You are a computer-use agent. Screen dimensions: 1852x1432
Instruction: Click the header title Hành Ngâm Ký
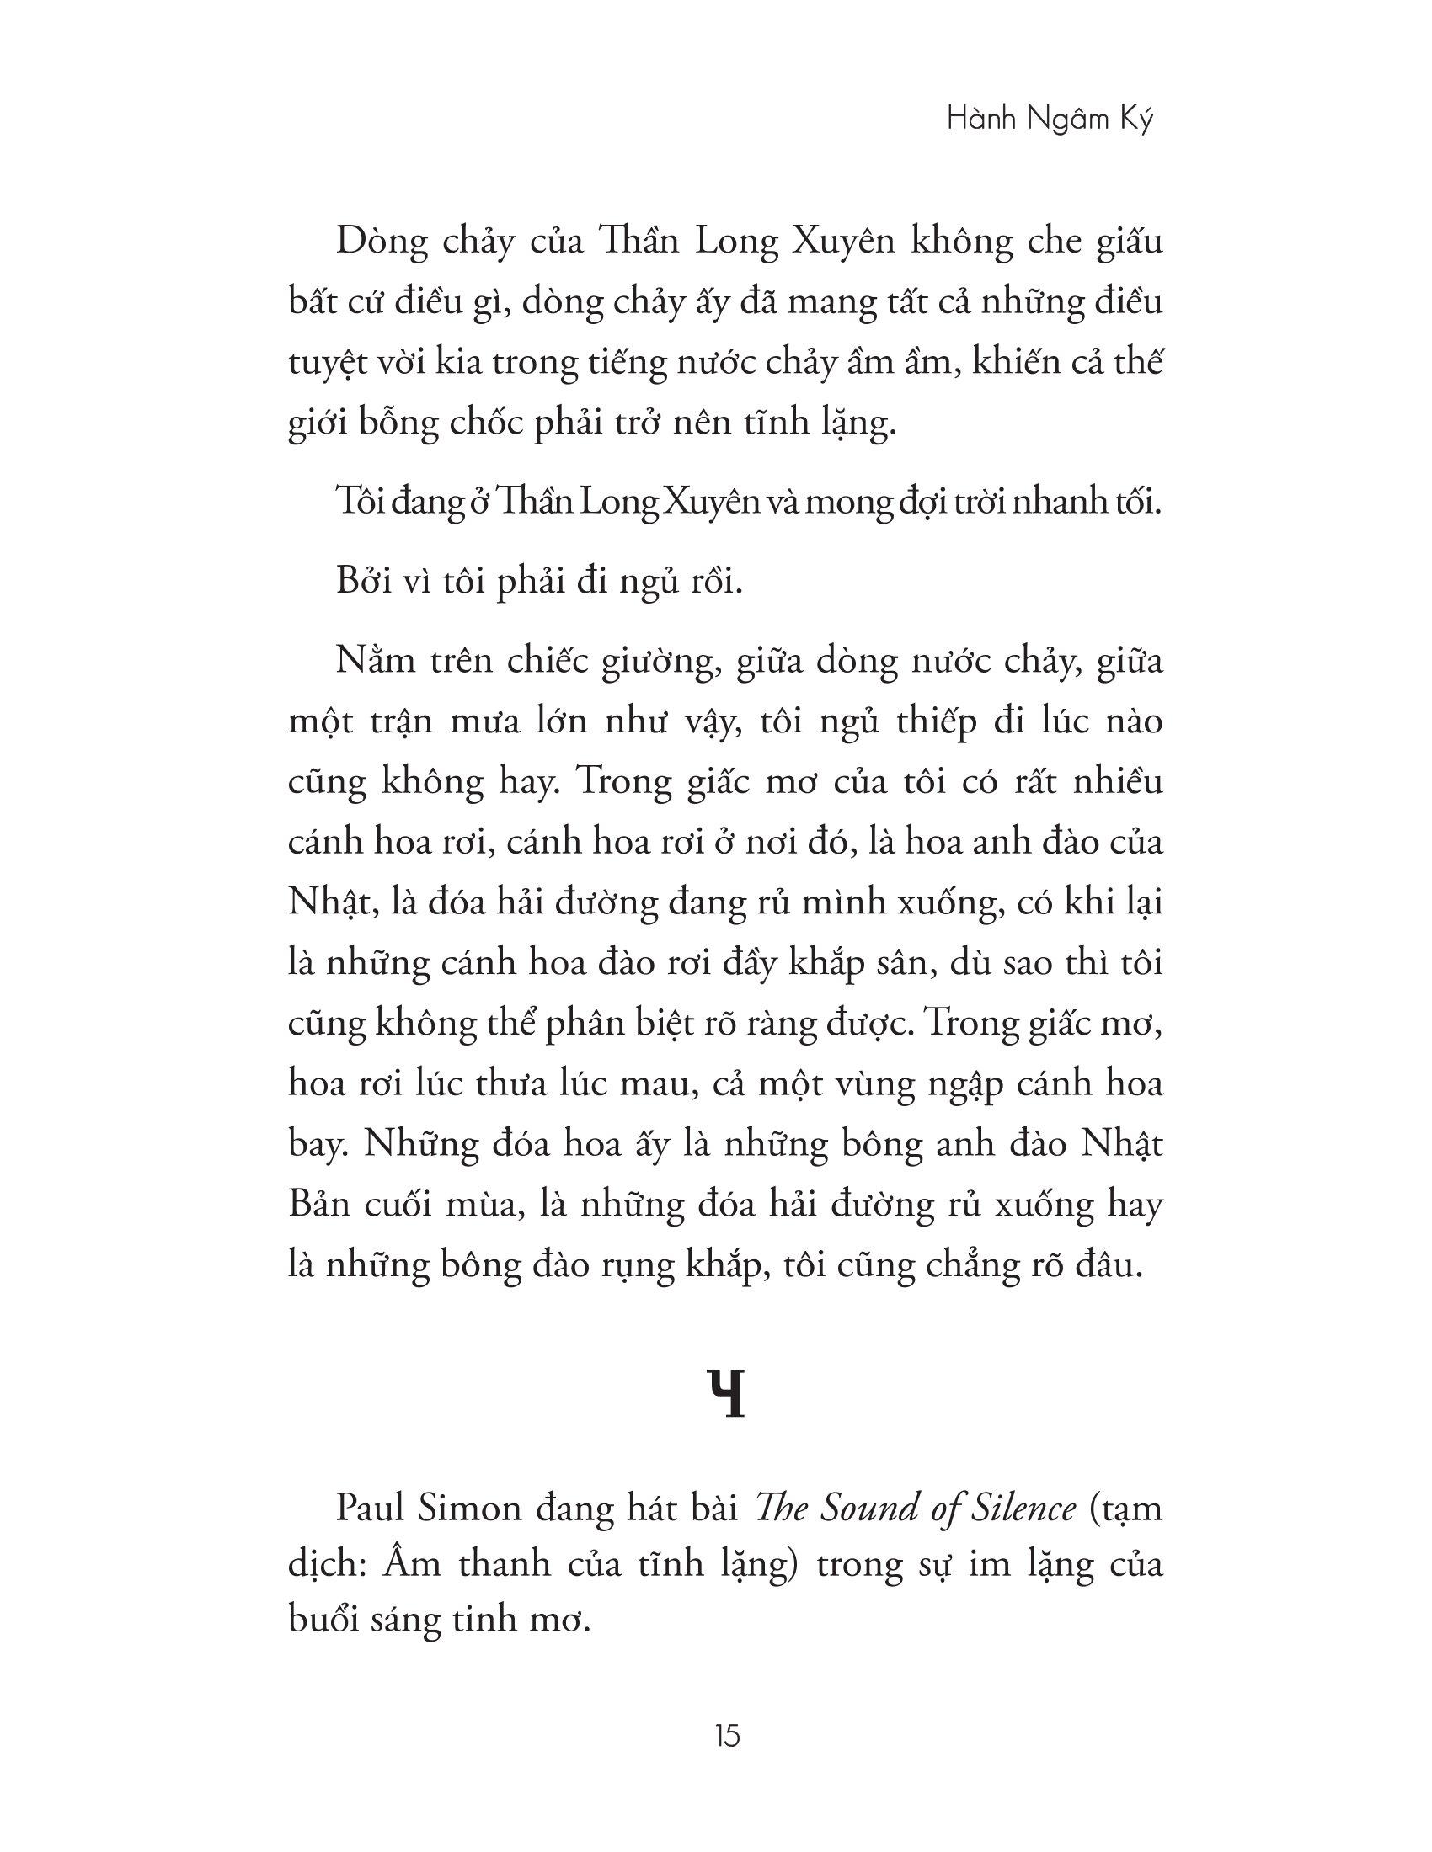point(1050,120)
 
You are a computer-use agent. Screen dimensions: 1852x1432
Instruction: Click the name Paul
point(371,1509)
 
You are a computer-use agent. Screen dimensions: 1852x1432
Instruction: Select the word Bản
point(320,1205)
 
